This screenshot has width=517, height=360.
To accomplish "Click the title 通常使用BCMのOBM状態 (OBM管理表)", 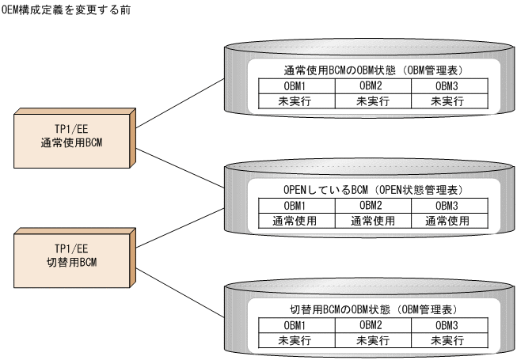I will [370, 70].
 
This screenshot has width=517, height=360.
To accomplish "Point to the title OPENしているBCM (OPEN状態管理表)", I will [370, 191].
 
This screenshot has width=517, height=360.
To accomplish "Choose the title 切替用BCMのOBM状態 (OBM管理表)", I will [370, 310].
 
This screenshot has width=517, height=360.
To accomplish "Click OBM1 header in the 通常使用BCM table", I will [295, 85].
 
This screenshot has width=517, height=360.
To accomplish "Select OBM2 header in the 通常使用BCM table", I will [371, 85].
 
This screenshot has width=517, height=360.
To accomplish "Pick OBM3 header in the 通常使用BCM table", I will [447, 85].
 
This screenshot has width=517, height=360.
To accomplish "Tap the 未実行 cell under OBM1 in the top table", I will [295, 100].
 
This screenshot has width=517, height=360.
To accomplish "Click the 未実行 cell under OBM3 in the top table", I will [447, 100].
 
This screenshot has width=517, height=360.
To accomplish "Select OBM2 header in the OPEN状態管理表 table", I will [371, 206].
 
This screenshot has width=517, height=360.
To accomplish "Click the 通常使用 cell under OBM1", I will [295, 221].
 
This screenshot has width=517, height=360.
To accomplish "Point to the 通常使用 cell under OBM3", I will [447, 221].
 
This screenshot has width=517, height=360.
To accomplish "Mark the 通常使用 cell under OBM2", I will [371, 221].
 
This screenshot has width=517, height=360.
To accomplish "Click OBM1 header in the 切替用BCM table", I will [295, 325].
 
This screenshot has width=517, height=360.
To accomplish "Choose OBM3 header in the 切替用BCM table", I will [447, 325].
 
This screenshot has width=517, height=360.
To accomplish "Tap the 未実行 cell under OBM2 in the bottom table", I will [371, 340].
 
